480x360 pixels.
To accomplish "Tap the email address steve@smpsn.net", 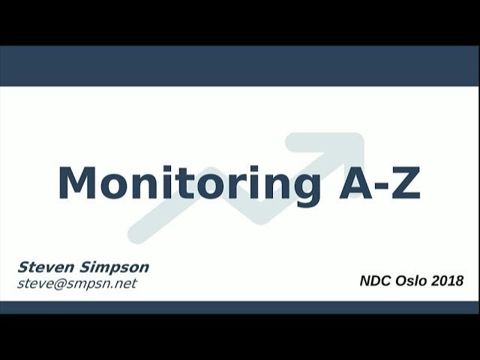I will (x=77, y=283).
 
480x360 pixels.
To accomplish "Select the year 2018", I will (x=448, y=281).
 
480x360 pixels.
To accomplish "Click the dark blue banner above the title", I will (x=240, y=66).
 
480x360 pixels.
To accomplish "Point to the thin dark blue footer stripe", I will (x=240, y=307).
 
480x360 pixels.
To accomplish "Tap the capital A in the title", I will (x=355, y=182).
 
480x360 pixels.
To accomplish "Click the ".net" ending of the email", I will (x=124, y=283).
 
